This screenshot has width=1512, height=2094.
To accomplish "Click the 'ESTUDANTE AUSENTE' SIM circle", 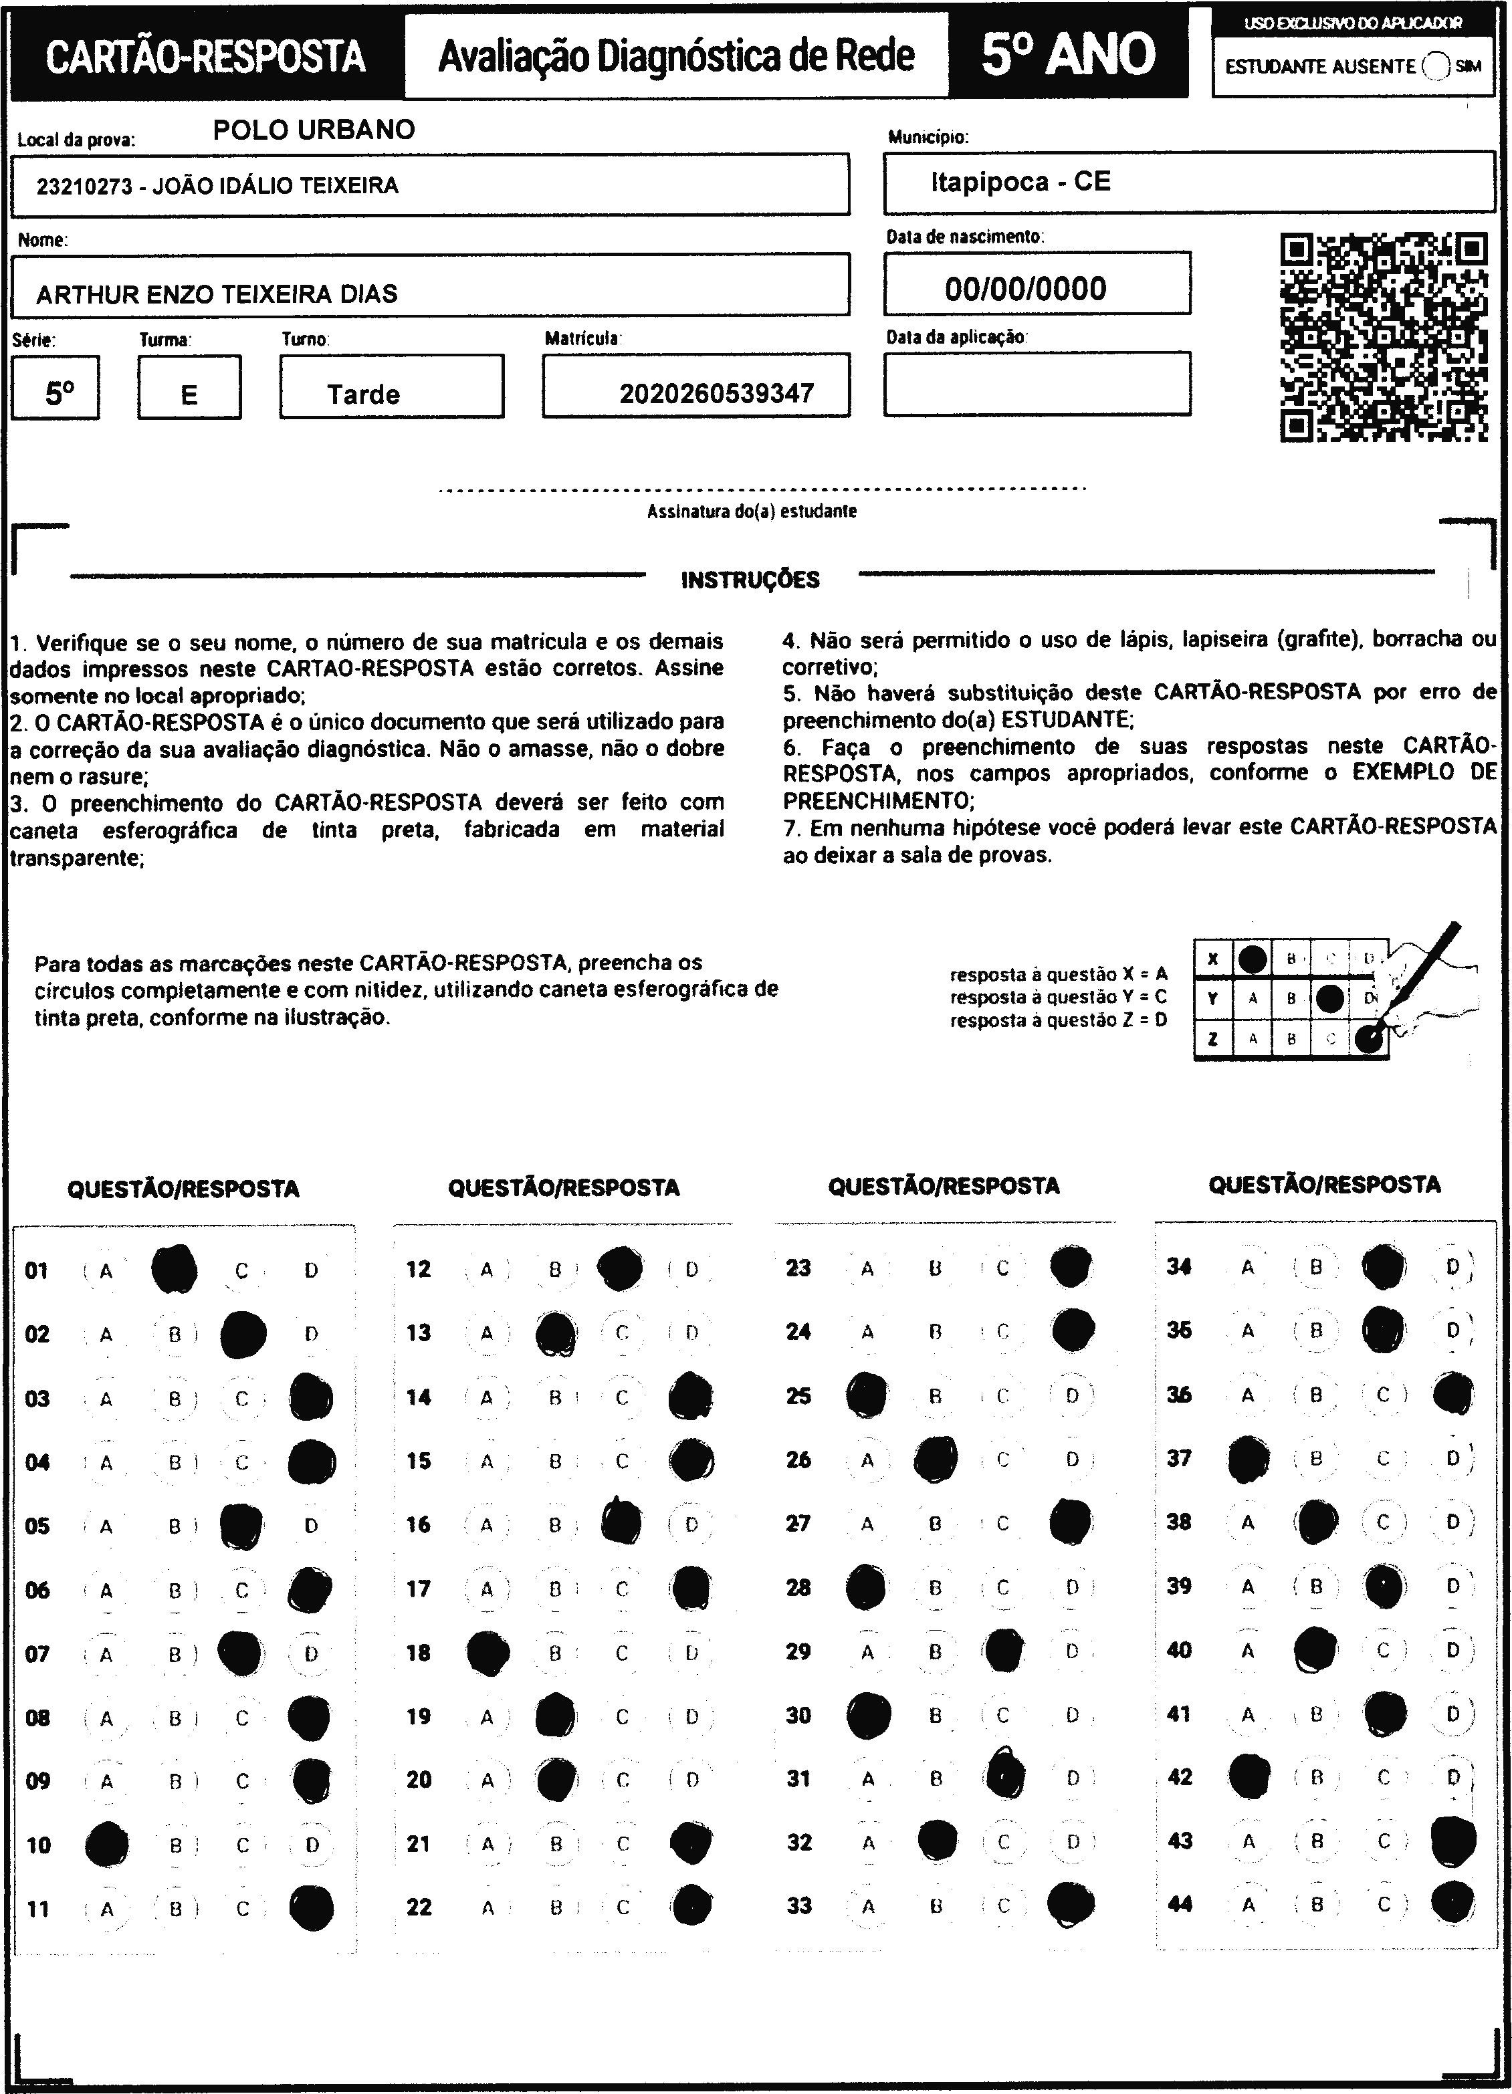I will click(x=1436, y=66).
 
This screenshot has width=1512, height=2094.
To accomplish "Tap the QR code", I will click(x=1383, y=337).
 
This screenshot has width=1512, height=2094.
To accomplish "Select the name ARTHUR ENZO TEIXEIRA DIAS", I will click(x=217, y=294).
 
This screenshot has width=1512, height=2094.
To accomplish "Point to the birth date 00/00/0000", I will click(x=1025, y=289).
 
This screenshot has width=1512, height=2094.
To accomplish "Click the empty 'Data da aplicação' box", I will click(x=1037, y=384).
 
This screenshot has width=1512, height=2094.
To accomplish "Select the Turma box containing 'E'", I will click(x=189, y=388).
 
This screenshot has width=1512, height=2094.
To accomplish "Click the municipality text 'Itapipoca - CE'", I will click(x=1020, y=181).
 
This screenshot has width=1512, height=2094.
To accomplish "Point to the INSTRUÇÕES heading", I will click(x=750, y=580).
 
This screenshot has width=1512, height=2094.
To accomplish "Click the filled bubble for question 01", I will click(x=175, y=1270).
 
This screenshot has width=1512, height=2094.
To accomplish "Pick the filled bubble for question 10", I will click(x=106, y=1845).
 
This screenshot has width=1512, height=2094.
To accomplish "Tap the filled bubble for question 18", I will click(x=488, y=1653).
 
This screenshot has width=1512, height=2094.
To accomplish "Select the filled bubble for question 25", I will click(x=867, y=1395).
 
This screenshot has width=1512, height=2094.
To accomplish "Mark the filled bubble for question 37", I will click(x=1249, y=1459).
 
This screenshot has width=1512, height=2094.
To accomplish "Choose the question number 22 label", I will click(x=419, y=1907).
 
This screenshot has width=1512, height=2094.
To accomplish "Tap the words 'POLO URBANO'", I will click(x=314, y=129).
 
